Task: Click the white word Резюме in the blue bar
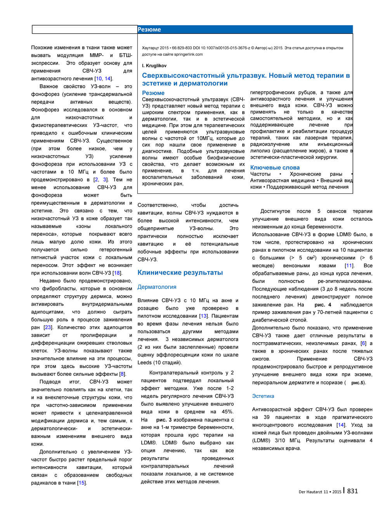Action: coord(149,30)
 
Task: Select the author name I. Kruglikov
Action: coord(154,66)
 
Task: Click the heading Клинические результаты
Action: coord(180,273)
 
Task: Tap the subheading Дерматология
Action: coord(157,287)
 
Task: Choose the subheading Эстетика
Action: coord(263,396)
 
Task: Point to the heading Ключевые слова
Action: coord(275,167)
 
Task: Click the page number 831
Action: coord(352,491)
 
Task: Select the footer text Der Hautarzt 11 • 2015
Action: coord(320,492)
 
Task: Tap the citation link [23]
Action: coord(48,327)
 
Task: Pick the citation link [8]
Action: coord(122,374)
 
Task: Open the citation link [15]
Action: coord(82,483)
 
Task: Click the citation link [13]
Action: coord(203,316)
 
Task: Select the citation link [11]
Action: coord(349,266)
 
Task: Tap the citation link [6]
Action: coord(363,343)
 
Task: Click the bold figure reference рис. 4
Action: coord(323,305)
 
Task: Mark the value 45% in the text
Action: coord(227,412)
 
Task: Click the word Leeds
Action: coord(144,362)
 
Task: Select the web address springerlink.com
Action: coord(188,54)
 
